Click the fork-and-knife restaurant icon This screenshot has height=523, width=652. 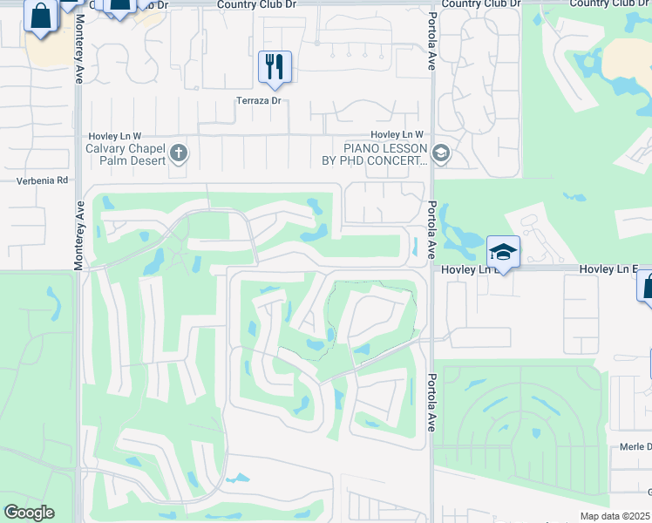click(x=275, y=66)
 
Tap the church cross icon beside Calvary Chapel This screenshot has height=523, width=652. click(x=179, y=154)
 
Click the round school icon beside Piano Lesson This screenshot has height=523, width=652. click(x=441, y=154)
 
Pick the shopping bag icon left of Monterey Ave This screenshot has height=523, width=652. click(x=40, y=16)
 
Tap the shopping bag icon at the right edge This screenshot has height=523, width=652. click(x=647, y=286)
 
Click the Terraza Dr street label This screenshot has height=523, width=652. click(x=259, y=100)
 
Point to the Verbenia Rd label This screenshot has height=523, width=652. click(x=42, y=180)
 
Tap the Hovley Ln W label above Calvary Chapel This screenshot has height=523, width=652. click(x=115, y=137)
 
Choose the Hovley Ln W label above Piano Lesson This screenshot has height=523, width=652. click(x=397, y=134)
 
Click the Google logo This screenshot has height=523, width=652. click(x=29, y=513)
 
